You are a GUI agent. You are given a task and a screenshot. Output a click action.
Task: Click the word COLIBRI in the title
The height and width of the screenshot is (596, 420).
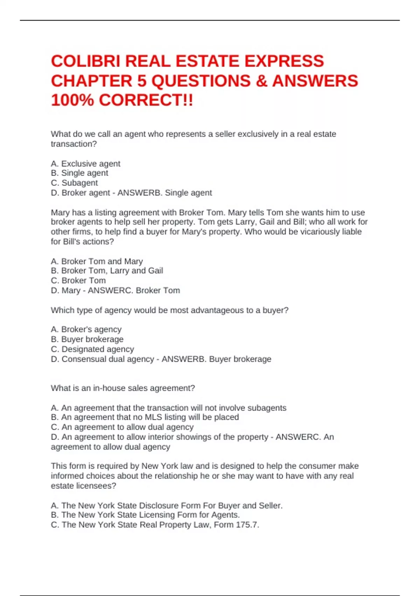(x=85, y=61)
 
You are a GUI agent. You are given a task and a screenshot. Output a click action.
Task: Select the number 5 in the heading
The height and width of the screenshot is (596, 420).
(x=141, y=81)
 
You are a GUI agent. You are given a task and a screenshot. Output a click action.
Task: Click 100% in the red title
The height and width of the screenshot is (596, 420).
(x=72, y=101)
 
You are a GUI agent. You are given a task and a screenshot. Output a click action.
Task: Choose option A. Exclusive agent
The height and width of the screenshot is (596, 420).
(x=85, y=164)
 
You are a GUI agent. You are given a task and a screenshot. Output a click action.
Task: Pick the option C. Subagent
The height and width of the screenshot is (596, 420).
(x=74, y=183)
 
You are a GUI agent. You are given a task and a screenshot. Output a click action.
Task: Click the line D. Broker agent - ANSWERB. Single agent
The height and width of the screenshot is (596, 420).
(x=131, y=193)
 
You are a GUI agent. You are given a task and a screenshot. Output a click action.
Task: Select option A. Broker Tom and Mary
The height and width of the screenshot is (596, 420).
(x=97, y=262)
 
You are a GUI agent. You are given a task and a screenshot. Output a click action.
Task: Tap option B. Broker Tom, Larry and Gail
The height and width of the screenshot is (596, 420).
(x=107, y=271)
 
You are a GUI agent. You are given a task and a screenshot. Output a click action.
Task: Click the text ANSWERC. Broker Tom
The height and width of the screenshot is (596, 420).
(x=134, y=291)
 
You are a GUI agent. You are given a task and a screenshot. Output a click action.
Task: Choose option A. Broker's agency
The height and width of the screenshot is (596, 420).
(x=86, y=330)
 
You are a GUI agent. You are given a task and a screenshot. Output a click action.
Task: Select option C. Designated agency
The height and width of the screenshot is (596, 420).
(x=92, y=350)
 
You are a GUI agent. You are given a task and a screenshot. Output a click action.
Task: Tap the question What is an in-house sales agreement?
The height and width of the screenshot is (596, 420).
(x=123, y=388)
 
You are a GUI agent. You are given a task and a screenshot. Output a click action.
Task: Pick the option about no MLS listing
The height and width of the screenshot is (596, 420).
(x=145, y=417)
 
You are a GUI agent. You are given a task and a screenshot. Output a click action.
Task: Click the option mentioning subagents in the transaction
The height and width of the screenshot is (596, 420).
(x=168, y=408)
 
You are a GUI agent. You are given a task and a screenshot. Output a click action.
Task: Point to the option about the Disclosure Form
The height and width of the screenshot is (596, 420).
(x=167, y=506)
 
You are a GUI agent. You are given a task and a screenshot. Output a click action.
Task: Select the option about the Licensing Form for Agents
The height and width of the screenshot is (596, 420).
(x=145, y=515)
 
